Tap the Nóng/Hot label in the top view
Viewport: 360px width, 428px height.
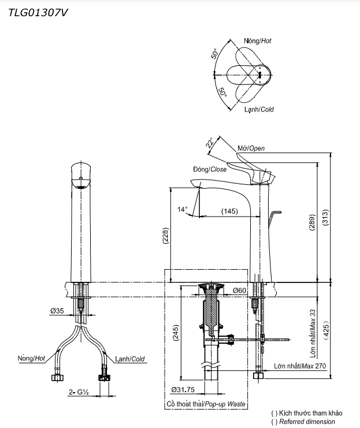(x=258, y=41)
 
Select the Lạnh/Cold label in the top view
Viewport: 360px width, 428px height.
(x=259, y=109)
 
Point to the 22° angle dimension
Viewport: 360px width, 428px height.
(x=209, y=142)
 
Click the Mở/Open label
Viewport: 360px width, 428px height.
(x=251, y=148)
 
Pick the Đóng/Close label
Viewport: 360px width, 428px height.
(x=210, y=169)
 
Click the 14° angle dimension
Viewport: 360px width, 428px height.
(x=183, y=210)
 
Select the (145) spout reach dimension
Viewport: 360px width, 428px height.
(x=229, y=211)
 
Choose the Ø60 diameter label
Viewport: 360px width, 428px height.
(x=240, y=290)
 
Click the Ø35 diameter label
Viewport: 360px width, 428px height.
(x=57, y=311)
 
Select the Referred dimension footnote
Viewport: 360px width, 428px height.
(x=306, y=422)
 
